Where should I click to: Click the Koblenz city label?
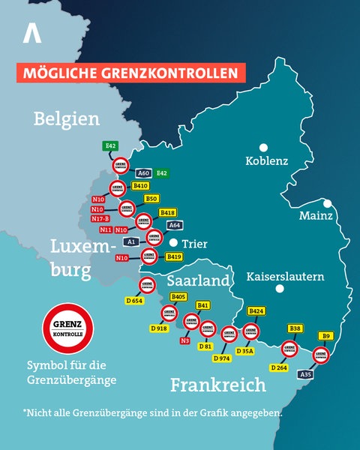click(x=267, y=161)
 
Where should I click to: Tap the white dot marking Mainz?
click(x=328, y=203)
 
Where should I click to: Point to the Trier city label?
click(x=194, y=244)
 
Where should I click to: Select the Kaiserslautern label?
click(x=285, y=276)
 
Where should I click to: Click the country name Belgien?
click(x=67, y=118)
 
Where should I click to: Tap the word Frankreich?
click(x=217, y=385)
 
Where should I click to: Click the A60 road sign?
click(x=144, y=173)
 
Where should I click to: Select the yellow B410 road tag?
click(x=140, y=185)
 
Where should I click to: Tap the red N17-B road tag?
click(x=100, y=218)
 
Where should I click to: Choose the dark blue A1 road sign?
click(x=130, y=241)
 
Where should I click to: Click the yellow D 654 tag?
click(x=134, y=301)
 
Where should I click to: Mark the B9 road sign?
click(x=325, y=336)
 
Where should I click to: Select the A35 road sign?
click(x=305, y=373)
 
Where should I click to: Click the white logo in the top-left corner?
click(x=31, y=33)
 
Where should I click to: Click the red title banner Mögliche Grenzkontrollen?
click(x=132, y=73)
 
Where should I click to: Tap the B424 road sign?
click(x=256, y=310)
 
